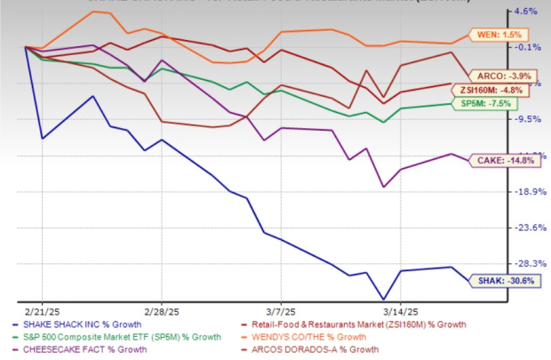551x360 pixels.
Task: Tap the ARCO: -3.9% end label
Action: point(505,76)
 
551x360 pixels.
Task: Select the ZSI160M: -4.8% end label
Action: point(503,90)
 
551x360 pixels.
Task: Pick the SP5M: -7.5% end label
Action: point(504,103)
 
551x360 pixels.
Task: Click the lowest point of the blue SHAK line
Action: point(383,300)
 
